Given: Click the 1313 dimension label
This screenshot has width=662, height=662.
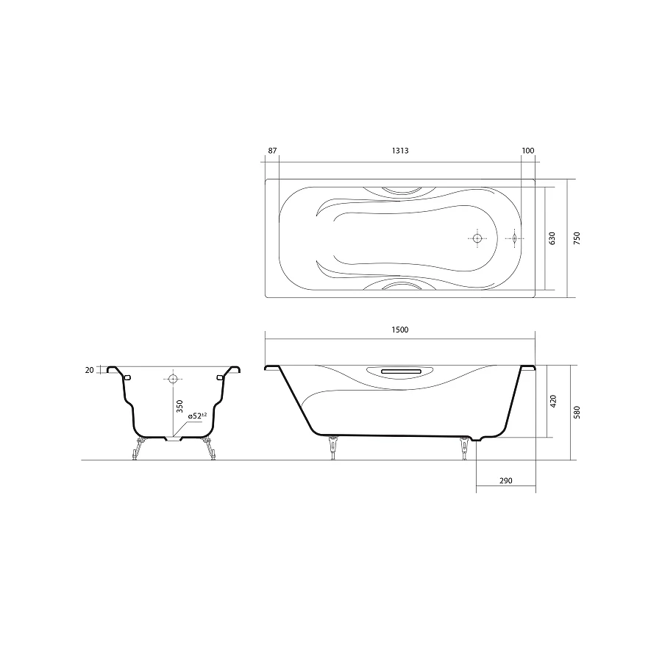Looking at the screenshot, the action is pos(400,151).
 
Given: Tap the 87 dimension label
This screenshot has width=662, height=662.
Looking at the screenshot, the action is pos(272,151).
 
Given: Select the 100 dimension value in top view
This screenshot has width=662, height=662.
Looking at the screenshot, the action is pos(528,151).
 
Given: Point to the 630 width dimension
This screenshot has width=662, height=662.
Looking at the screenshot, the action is pos(552,238).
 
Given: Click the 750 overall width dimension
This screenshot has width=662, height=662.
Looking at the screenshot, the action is pos(577,238).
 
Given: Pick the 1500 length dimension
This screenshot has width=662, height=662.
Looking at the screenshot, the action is pos(400,330).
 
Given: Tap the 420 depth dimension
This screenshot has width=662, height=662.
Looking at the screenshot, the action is pos(553,401).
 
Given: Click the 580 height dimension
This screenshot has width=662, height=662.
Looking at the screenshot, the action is pos(577,412).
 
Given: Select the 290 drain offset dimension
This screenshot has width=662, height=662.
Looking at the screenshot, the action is pos(506,481).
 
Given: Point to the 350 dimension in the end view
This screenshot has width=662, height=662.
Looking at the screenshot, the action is pos(180,406).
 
